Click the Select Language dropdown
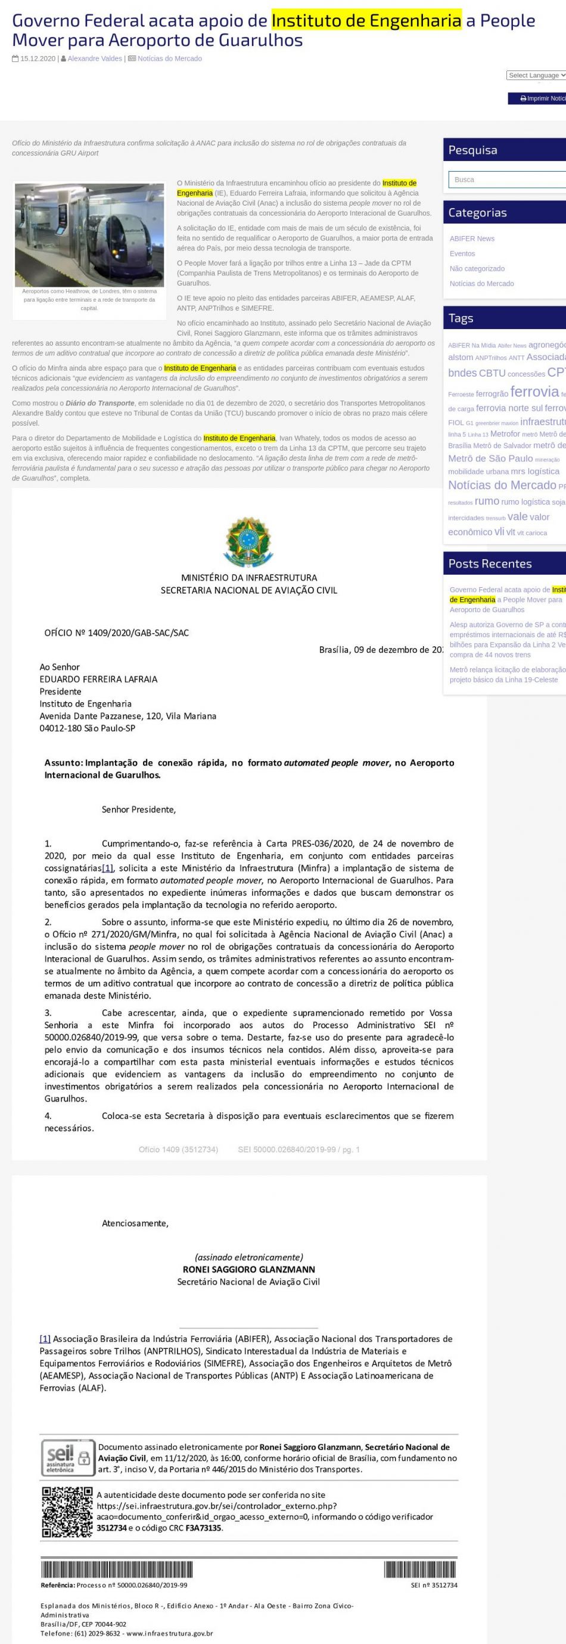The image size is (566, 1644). pyautogui.click(x=536, y=75)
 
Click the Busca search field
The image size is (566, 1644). pyautogui.click(x=507, y=179)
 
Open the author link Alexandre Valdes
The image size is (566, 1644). pyautogui.click(x=95, y=58)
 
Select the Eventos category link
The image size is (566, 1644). pyautogui.click(x=462, y=253)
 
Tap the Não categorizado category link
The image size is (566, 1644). pyautogui.click(x=477, y=269)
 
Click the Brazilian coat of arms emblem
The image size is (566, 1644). pyautogui.click(x=248, y=541)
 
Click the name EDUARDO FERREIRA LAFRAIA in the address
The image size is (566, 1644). pyautogui.click(x=98, y=679)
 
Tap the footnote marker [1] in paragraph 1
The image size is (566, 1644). pyautogui.click(x=108, y=868)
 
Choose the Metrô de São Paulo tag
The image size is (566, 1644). pyautogui.click(x=490, y=458)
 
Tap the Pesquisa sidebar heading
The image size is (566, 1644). pyautogui.click(x=472, y=150)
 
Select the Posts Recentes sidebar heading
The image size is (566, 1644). pyautogui.click(x=489, y=563)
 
